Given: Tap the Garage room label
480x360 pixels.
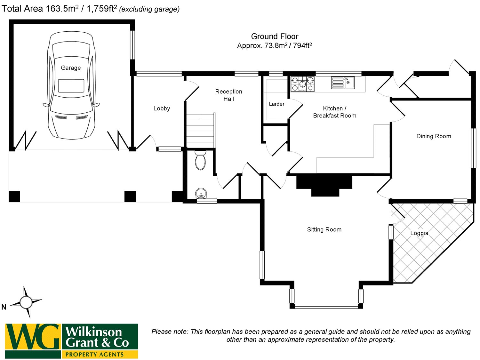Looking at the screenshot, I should pos(71,68).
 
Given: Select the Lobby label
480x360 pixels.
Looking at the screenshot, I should pos(162,108).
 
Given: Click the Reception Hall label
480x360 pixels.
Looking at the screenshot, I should pos(228,95).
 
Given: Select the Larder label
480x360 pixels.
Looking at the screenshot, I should pos(276,104).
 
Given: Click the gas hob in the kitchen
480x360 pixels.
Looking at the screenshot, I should pos(302,84).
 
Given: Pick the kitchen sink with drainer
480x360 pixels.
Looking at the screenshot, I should pos(343,83).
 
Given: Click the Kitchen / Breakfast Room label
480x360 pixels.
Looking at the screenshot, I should pos(334,112).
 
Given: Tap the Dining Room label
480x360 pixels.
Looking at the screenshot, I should pos(434,136).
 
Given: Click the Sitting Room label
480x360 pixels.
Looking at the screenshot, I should pos(324,229).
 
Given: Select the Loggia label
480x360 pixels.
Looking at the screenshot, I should pos(419,233).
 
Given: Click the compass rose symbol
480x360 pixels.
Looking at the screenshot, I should pos(26,302).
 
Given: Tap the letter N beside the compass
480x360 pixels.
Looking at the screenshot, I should pos(4,307).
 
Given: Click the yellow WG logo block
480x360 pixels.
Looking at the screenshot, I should pos(33,337).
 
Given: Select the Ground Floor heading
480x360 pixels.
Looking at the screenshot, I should pos(275,36).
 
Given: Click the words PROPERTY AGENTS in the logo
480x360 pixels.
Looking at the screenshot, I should pos(94,355).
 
